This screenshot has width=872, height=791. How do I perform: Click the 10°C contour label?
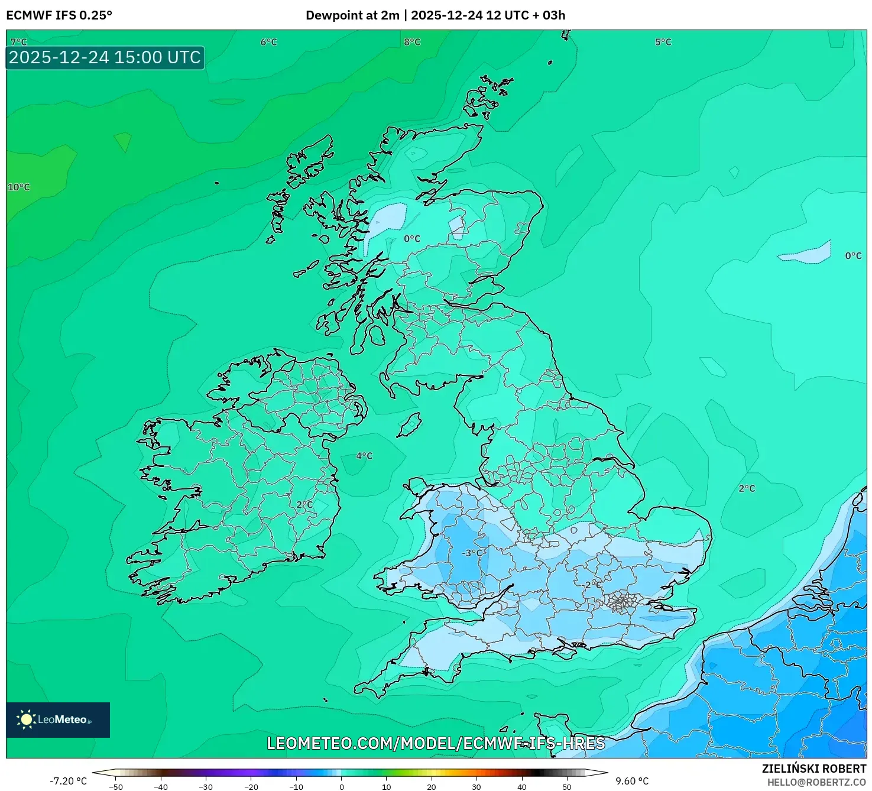pos(18,187)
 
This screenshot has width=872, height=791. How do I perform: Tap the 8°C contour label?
pos(412,42)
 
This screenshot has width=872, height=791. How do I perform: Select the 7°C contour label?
pos(18,42)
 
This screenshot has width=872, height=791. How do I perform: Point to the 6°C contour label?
pos(268,42)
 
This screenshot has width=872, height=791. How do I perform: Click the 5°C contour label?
pos(663,42)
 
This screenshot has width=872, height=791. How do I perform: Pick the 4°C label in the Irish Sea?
pos(364,456)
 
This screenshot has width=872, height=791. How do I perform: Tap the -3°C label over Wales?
pos(472,553)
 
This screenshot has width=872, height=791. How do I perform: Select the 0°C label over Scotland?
pos(412,239)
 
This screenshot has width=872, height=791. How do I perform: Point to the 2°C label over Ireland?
pos(304,504)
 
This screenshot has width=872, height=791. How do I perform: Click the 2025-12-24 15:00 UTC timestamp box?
pos(105,57)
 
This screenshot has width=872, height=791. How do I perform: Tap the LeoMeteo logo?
pos(58,719)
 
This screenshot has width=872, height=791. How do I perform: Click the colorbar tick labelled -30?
pos(206,786)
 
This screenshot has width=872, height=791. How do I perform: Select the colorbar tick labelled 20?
pos(432,786)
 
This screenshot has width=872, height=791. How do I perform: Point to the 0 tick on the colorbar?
pos(341,786)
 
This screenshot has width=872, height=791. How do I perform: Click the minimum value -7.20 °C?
pos(68,781)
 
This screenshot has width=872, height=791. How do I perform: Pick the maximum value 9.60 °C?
pos(632,781)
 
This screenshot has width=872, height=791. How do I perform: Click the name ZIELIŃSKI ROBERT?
pos(814,769)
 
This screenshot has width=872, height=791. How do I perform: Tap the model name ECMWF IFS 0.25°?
pos(59,15)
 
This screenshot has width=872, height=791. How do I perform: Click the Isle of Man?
pos(409,424)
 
